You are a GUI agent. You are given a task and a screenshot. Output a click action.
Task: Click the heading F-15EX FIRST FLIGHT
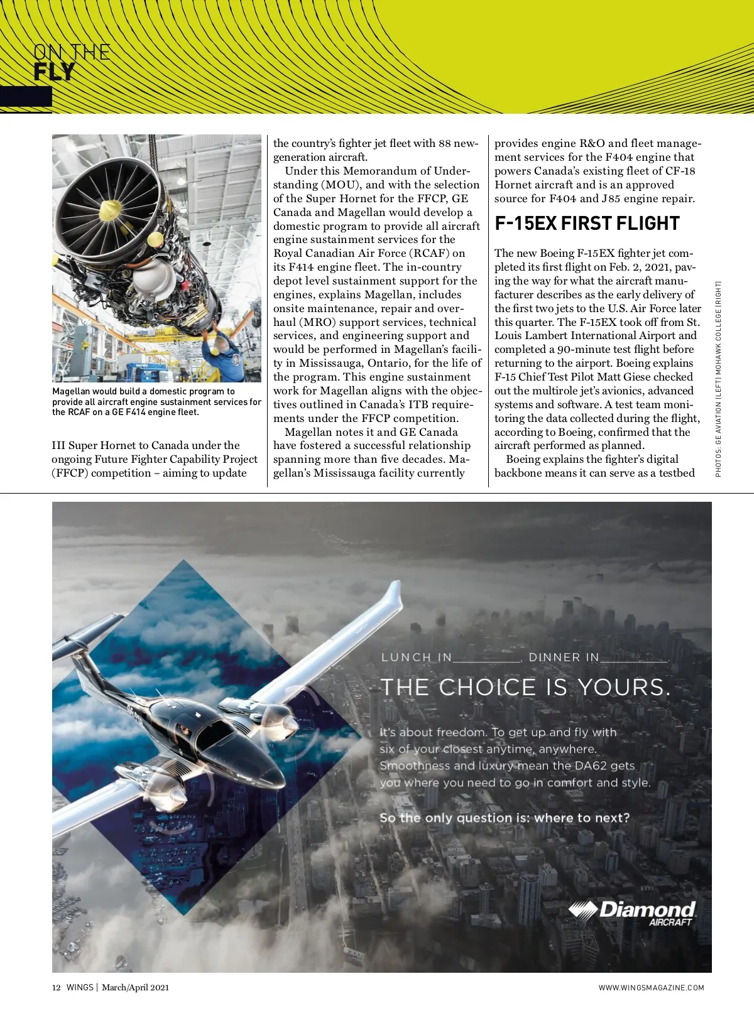click(587, 224)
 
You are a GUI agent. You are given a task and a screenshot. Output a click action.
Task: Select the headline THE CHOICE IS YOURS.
click(525, 687)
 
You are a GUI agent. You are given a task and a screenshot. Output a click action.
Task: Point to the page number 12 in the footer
click(56, 987)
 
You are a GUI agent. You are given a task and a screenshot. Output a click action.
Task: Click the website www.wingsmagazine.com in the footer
click(651, 988)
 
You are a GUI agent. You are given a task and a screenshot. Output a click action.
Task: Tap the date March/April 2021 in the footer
click(135, 987)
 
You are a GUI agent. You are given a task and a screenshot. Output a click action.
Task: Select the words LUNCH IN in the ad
click(416, 658)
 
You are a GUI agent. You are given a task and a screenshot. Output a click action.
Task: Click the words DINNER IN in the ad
click(564, 658)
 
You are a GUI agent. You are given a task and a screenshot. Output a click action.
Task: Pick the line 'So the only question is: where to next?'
click(504, 818)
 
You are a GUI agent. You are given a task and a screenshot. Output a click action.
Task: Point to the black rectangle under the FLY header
click(26, 97)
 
